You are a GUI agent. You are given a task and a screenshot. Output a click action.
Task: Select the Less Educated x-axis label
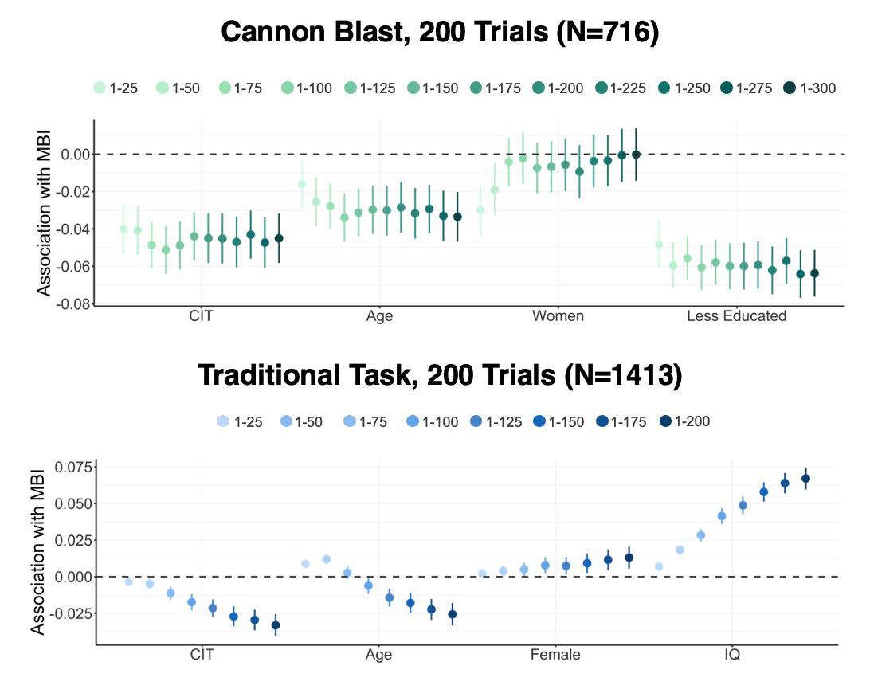pyautogui.click(x=736, y=316)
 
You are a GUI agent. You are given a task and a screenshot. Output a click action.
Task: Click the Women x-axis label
pyautogui.click(x=558, y=316)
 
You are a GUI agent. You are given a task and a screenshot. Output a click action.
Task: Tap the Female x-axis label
pyautogui.click(x=555, y=656)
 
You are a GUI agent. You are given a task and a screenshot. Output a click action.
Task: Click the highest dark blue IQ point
pyautogui.click(x=805, y=479)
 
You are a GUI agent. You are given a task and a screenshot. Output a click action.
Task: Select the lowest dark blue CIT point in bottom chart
pyautogui.click(x=276, y=625)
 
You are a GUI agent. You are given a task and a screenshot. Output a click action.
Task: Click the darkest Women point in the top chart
pyautogui.click(x=636, y=154)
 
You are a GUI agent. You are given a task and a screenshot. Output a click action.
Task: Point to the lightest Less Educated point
pyautogui.click(x=659, y=245)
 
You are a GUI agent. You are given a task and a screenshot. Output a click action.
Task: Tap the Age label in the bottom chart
pyautogui.click(x=378, y=656)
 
